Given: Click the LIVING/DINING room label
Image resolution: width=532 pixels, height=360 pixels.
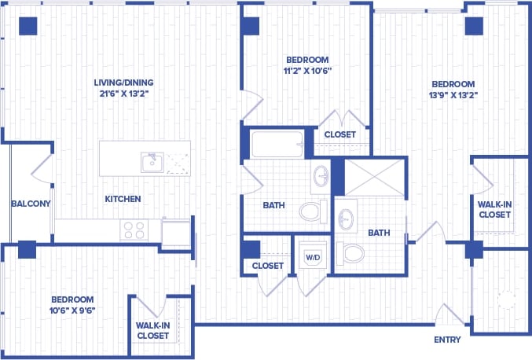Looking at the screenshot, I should coord(123,83).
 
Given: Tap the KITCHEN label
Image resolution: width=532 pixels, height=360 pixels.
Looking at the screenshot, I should coord(123,199).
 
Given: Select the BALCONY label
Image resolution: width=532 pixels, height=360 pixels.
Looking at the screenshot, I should coord(31,204).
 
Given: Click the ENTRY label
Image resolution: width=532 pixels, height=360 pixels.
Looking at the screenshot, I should coord(447,340).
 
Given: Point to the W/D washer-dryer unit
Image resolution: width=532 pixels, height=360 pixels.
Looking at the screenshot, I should coord(313,256).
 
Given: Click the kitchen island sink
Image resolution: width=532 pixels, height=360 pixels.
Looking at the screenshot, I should coord(152,162).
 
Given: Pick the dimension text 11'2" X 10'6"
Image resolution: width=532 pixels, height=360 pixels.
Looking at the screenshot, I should coord(307,71).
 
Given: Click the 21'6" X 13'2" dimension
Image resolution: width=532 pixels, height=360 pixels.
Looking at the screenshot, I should coord(123,94).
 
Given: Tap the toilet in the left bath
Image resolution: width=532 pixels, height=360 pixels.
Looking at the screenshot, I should coord(314,211).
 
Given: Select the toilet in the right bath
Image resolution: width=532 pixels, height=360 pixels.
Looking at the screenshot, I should coord(353,254).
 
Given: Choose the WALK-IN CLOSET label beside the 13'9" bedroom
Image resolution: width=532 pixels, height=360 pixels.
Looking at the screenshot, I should coord(495,209).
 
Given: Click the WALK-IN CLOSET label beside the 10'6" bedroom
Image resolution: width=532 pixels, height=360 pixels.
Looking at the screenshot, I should coord(152,330).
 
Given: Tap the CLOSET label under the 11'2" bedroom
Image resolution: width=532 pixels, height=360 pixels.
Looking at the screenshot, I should coord(339,134).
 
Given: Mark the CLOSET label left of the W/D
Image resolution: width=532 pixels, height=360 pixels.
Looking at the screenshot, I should coord(267,266).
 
